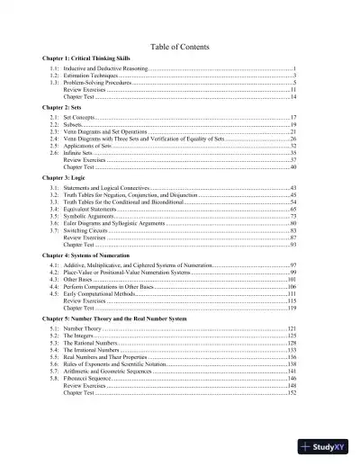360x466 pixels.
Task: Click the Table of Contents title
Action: tap(180, 47)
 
